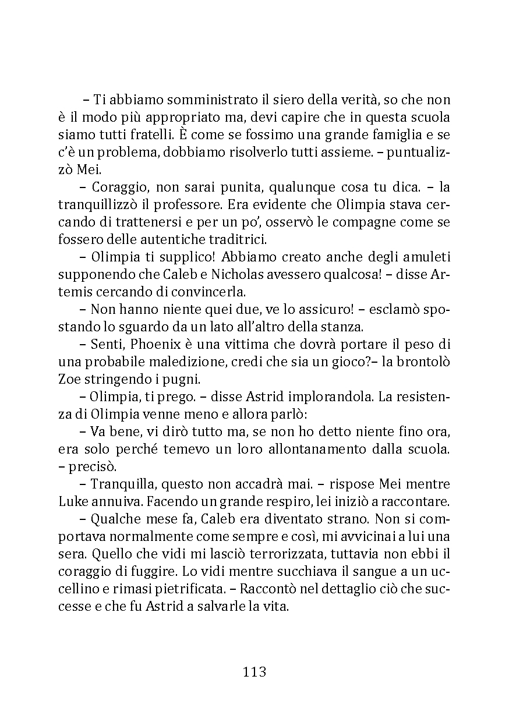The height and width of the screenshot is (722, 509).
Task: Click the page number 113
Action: coord(254,672)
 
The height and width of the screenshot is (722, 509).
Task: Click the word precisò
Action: coord(92,467)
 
